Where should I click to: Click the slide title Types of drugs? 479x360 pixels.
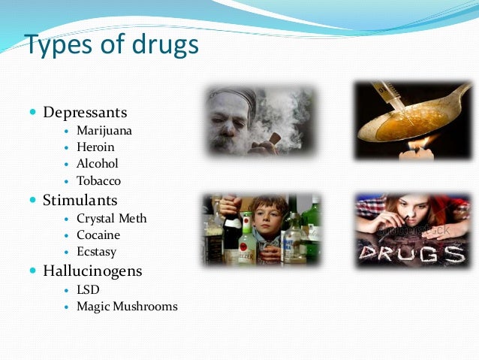tap(112, 45)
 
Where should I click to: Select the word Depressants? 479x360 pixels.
tap(85, 113)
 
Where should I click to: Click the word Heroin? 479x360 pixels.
tap(95, 147)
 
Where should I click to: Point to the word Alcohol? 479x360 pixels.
tap(98, 164)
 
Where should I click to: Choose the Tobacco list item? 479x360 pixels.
tap(98, 181)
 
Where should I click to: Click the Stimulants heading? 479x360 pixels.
tap(80, 201)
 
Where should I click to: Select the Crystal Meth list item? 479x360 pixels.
tap(112, 219)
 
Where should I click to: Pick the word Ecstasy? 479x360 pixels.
tap(96, 252)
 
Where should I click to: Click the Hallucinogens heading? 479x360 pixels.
tap(93, 271)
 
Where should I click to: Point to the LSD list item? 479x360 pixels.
tap(88, 289)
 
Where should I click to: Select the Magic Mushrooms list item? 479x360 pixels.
tap(127, 307)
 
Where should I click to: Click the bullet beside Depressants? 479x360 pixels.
tap(32, 113)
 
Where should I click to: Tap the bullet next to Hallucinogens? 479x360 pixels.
tap(32, 271)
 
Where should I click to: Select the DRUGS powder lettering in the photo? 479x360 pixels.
tap(410, 253)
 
